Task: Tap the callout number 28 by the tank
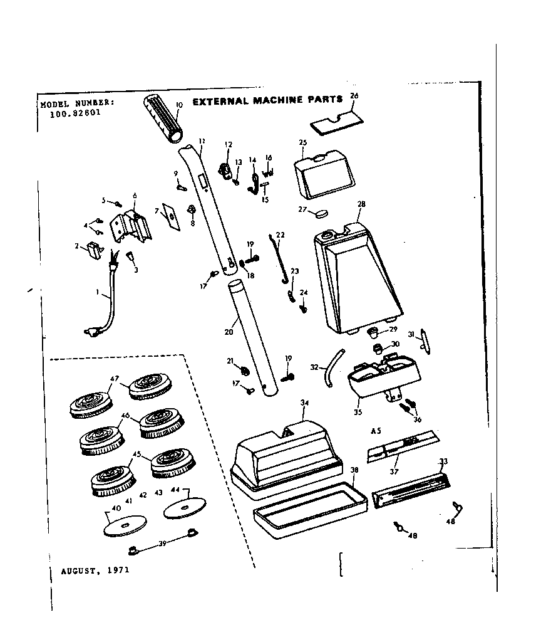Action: (x=361, y=204)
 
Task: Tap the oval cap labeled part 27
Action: (x=321, y=213)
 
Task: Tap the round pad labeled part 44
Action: (x=185, y=508)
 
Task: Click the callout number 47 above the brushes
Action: (x=114, y=379)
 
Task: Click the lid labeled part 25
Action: (x=325, y=172)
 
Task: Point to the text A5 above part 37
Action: (x=376, y=431)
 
